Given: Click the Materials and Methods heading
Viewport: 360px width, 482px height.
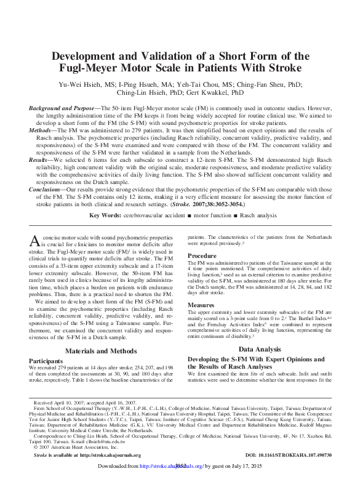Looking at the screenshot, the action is pos(102,351).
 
